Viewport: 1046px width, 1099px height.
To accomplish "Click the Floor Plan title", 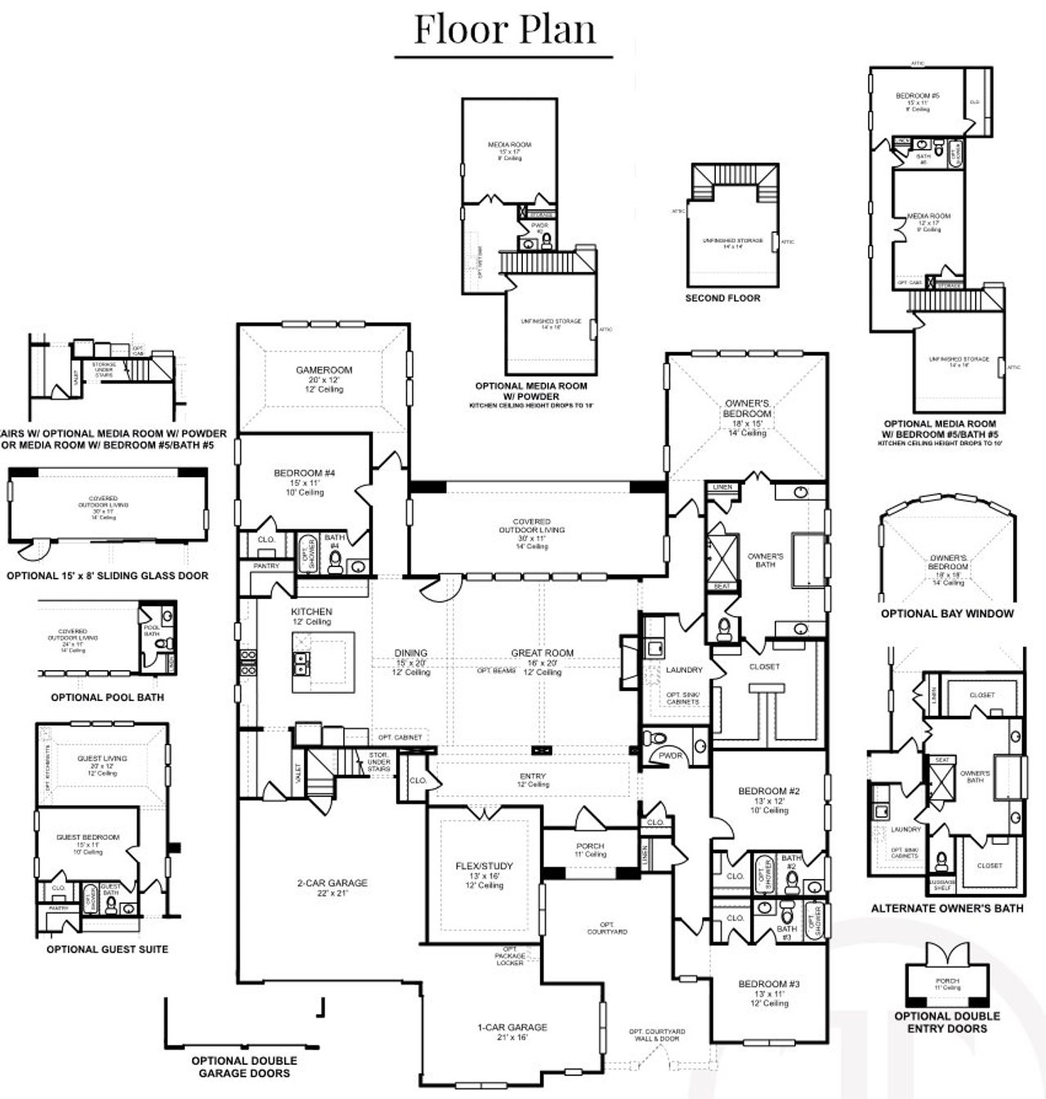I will point(504,29).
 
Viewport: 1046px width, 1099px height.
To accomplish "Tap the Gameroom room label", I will point(324,371).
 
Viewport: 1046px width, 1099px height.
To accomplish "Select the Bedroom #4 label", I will point(304,473).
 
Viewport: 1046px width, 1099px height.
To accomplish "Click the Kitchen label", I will point(311,611).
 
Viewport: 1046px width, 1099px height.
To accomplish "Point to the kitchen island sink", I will point(302,663).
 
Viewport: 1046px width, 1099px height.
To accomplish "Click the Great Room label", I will point(542,653).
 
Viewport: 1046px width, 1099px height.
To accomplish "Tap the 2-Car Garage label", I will point(331,883).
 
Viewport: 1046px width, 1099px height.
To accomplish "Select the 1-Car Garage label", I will point(512,1028).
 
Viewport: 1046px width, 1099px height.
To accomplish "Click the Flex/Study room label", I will point(485,866).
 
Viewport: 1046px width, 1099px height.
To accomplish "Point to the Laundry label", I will point(684,670).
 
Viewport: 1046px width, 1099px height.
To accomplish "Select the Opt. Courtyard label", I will point(607,928).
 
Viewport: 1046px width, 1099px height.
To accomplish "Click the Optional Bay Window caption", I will point(946,614).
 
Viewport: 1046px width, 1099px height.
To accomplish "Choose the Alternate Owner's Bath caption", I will point(946,908).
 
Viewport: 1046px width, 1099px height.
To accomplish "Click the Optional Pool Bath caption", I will point(107,697).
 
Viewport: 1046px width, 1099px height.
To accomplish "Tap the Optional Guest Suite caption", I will point(107,949).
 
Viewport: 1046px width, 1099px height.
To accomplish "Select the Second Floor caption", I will point(722,298).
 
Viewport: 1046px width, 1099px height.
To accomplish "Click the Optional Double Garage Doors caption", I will point(244,1066).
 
